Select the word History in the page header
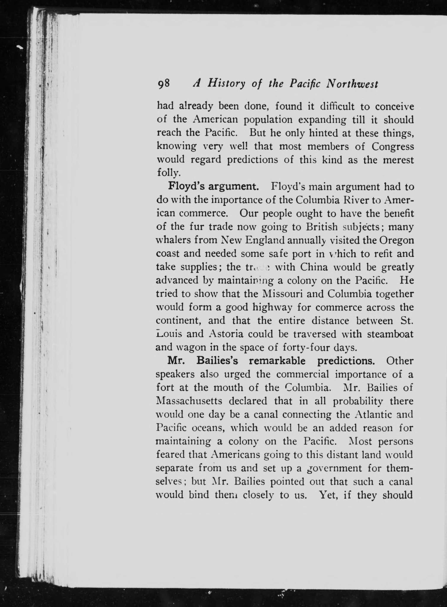[x=226, y=84]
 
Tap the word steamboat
[x=390, y=334]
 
